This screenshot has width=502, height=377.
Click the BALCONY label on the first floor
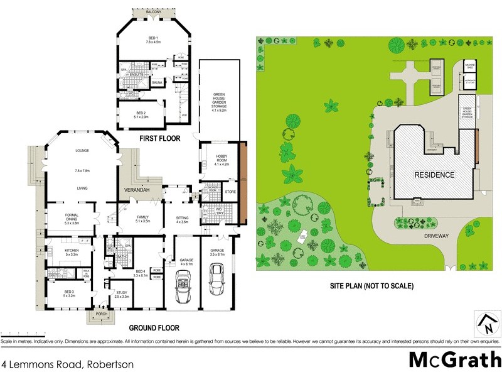[154, 13]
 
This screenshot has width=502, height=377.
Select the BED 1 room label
[154, 40]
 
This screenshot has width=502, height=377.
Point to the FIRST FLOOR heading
[160, 138]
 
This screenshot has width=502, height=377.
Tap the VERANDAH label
[136, 189]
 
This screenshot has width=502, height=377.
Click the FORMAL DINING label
[71, 217]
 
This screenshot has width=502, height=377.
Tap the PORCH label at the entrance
[101, 314]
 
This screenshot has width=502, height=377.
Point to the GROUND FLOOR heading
[154, 328]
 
